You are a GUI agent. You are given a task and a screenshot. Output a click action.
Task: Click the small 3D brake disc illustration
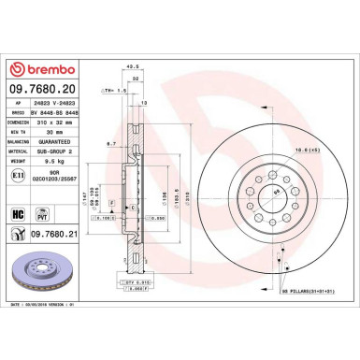click(43, 277)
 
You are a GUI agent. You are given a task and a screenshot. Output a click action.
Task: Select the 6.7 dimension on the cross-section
click(110, 144)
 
